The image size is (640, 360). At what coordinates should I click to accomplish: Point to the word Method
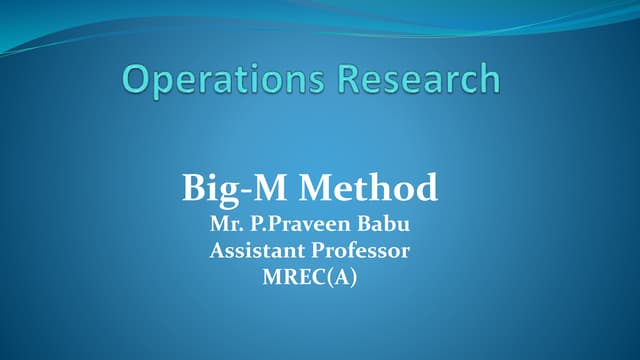[369, 187]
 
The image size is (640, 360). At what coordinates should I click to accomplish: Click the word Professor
[360, 251]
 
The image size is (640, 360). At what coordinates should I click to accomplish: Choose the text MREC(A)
[309, 277]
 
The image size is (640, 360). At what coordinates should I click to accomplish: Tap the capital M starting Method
[318, 187]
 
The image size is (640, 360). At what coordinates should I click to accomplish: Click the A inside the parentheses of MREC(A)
[340, 277]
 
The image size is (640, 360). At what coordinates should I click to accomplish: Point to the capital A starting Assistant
[217, 251]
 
